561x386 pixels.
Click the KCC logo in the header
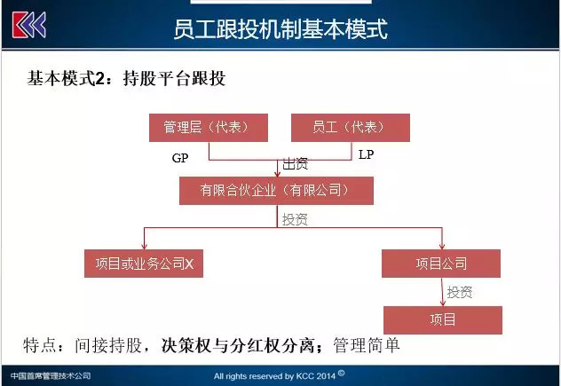point(29,25)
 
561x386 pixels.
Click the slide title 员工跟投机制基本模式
point(280,29)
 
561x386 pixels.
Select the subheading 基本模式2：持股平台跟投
point(126,78)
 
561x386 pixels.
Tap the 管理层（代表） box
point(209,128)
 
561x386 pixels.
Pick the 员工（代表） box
point(351,128)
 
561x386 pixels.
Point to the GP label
point(180,158)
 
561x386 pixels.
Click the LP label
point(366,154)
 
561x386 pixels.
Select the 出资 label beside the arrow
point(296,164)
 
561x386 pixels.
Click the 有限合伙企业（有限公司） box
point(276,191)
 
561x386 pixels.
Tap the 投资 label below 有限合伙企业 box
point(295,219)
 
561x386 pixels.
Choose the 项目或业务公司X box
point(144,264)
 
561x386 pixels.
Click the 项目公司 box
point(441,264)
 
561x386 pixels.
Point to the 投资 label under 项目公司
point(460,292)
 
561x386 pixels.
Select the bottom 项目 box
point(443,320)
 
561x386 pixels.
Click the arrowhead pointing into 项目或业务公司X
point(144,247)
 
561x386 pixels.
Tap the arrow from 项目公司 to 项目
point(443,292)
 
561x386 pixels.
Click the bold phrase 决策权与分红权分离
point(238,345)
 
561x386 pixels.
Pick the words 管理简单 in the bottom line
point(366,345)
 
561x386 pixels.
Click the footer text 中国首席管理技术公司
point(51,376)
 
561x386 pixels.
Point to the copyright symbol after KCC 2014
point(341,374)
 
